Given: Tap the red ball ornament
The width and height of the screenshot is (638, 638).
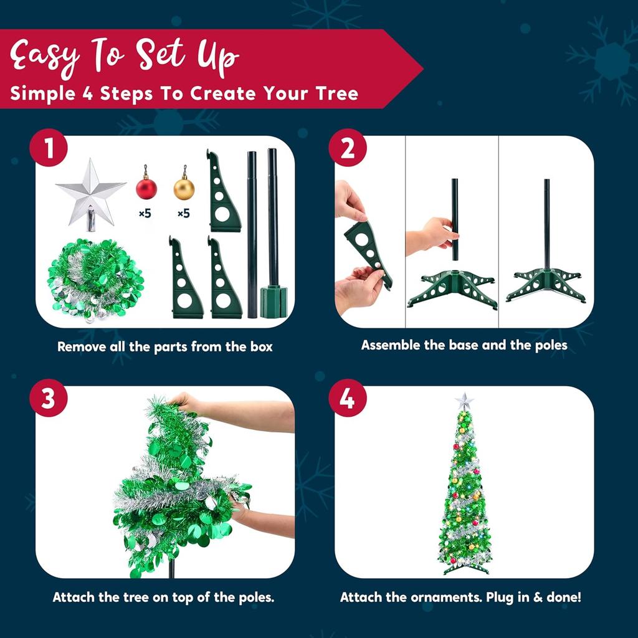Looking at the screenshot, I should (146, 187).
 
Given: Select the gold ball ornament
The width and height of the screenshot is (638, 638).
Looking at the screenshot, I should (184, 187).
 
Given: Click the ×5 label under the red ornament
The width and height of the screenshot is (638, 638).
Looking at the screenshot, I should (145, 214).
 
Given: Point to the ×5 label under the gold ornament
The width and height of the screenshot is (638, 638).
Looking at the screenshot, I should (183, 214).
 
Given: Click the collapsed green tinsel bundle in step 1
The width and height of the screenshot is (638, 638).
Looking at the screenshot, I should (95, 280).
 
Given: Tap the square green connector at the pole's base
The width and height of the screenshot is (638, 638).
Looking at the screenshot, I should (273, 302).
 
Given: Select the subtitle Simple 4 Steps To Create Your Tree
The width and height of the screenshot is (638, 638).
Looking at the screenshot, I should (184, 94).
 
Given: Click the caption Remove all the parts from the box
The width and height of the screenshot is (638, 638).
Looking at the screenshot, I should (165, 346).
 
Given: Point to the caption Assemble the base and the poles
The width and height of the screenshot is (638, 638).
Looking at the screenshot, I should (464, 345).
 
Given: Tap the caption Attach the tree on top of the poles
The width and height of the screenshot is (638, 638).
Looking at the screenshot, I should (163, 597).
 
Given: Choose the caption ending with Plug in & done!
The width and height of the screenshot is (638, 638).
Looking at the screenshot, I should (460, 597).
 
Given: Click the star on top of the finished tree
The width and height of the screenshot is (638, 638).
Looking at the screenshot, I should (464, 401).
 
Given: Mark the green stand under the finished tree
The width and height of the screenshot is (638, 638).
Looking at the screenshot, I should (464, 566).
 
